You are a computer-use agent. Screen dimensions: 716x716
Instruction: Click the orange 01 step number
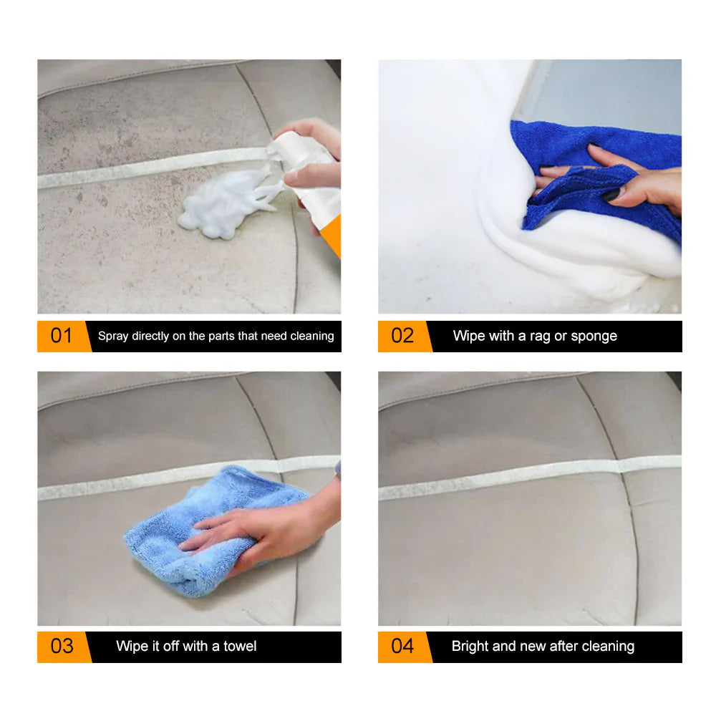[62, 336]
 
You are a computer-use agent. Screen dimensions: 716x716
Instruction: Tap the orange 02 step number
[402, 336]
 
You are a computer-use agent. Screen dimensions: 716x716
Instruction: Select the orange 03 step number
[62, 646]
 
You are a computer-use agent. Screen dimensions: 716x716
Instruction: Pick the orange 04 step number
[402, 646]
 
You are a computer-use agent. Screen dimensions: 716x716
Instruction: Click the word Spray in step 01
[112, 336]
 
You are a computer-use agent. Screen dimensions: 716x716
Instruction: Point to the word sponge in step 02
[594, 336]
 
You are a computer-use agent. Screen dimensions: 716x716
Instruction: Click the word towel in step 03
[240, 646]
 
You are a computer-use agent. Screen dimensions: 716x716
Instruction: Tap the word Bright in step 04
[470, 646]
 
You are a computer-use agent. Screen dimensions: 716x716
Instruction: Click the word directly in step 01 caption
[153, 336]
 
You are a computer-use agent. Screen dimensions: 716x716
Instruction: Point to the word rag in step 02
[538, 336]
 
